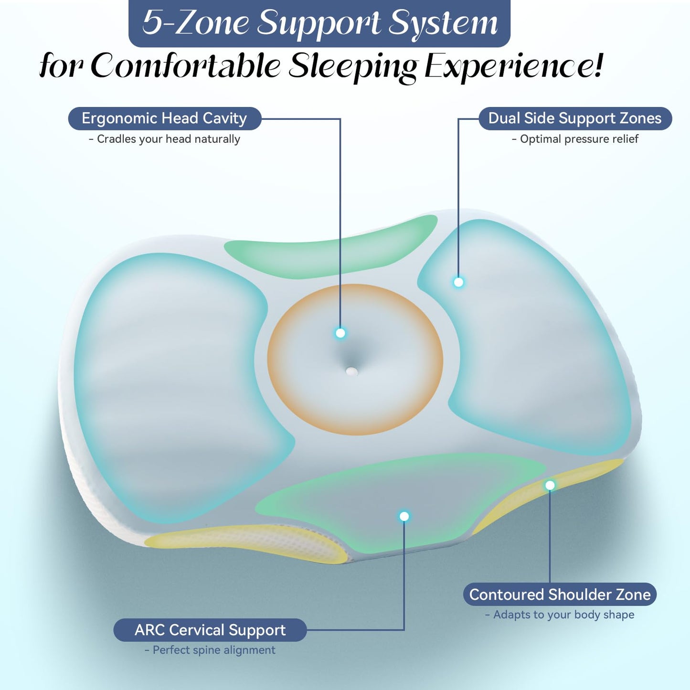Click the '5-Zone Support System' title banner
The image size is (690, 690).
point(319,23)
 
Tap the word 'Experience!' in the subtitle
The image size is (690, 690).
point(514,66)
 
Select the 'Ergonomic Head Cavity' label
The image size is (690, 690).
point(164,118)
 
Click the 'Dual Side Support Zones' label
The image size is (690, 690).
point(575,118)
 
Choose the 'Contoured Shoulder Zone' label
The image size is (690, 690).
point(560,594)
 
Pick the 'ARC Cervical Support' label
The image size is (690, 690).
point(210,630)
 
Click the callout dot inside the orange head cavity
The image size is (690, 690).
point(340,333)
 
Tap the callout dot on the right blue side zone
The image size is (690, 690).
point(458,282)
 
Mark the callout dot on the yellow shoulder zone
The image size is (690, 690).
point(550,485)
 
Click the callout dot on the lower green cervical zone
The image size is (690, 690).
point(404,516)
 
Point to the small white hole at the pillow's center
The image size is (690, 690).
point(351,371)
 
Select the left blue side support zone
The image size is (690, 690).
point(172,382)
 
